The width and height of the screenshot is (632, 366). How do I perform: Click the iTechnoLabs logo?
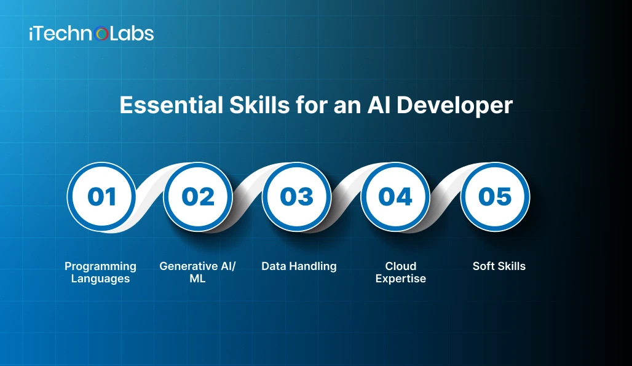tap(91, 34)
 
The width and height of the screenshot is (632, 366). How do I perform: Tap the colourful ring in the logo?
tap(103, 34)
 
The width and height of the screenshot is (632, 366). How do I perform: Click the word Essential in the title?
tap(160, 105)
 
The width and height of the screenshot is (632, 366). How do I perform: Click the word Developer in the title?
tap(454, 106)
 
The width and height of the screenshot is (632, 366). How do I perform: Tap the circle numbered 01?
tap(101, 197)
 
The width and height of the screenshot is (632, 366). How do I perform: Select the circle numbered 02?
tap(198, 197)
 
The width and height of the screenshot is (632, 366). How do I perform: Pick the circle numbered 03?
tap(297, 197)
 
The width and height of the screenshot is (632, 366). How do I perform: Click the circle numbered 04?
tap(395, 197)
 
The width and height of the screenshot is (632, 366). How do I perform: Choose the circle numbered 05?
tap(495, 197)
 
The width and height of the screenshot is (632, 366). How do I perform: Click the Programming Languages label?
tap(100, 273)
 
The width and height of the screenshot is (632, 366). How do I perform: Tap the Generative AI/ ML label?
tap(197, 273)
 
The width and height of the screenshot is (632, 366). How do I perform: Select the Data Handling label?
tap(299, 266)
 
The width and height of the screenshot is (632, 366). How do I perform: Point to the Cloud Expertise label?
tap(401, 273)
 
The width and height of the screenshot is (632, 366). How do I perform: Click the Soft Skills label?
tap(499, 266)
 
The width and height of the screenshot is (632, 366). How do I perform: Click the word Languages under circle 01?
tap(100, 279)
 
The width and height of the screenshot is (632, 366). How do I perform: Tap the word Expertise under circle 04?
tap(401, 279)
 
